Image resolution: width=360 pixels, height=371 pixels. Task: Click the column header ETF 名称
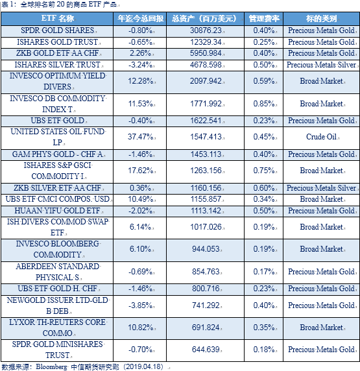pyautogui.click(x=58, y=18)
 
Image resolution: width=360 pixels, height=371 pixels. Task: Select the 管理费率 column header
pyautogui.click(x=264, y=18)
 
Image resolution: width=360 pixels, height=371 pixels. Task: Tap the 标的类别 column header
pyautogui.click(x=321, y=18)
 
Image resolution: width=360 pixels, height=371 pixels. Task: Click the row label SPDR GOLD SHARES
pyautogui.click(x=58, y=30)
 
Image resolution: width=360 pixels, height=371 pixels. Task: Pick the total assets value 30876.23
pyautogui.click(x=206, y=30)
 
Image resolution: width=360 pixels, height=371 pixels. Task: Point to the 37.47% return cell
pyautogui.click(x=140, y=137)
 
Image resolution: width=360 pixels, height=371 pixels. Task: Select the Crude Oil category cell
pyautogui.click(x=321, y=137)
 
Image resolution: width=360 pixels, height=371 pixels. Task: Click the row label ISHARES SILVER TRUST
pyautogui.click(x=58, y=65)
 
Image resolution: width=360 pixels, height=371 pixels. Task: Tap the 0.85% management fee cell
pyautogui.click(x=264, y=104)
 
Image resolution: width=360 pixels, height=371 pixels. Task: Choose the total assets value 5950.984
pyautogui.click(x=206, y=53)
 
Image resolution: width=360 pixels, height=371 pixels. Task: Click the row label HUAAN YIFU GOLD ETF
pyautogui.click(x=58, y=211)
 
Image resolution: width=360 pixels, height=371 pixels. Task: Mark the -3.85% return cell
pyautogui.click(x=140, y=305)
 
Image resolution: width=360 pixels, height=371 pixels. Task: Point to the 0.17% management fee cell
pyautogui.click(x=264, y=272)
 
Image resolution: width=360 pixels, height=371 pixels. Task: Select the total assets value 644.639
pyautogui.click(x=206, y=350)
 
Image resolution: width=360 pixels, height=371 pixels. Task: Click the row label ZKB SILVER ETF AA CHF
pyautogui.click(x=58, y=188)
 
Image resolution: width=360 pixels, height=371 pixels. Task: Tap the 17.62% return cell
pyautogui.click(x=140, y=171)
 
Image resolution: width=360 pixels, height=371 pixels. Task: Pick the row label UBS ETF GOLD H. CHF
pyautogui.click(x=58, y=289)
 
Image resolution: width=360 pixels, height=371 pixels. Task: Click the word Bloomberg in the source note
pyautogui.click(x=51, y=366)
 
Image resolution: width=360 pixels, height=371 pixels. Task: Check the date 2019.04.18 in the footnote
pyautogui.click(x=144, y=366)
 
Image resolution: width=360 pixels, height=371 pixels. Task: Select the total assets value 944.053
pyautogui.click(x=206, y=249)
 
